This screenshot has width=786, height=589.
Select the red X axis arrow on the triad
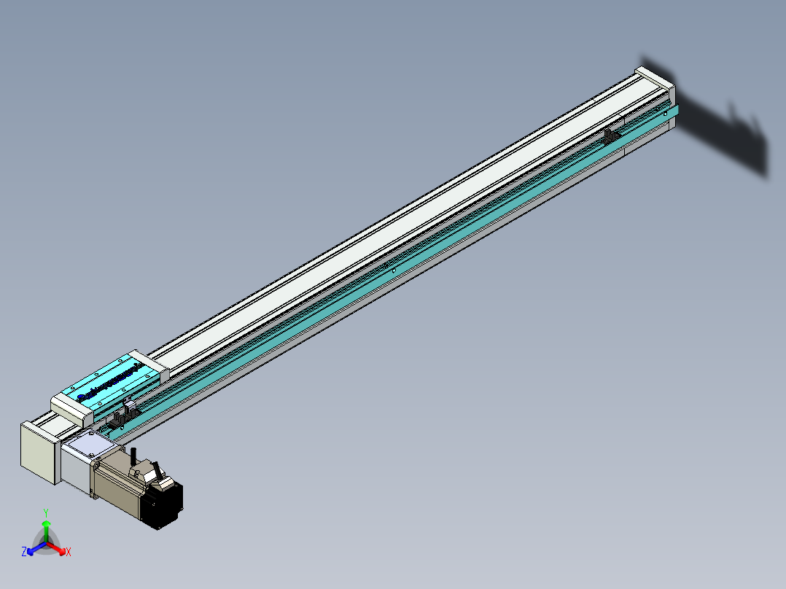59,548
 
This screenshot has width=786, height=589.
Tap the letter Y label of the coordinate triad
46,512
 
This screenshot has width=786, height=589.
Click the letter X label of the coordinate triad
69,553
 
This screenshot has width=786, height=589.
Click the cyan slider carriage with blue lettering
109,383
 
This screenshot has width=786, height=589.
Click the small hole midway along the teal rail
394,269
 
